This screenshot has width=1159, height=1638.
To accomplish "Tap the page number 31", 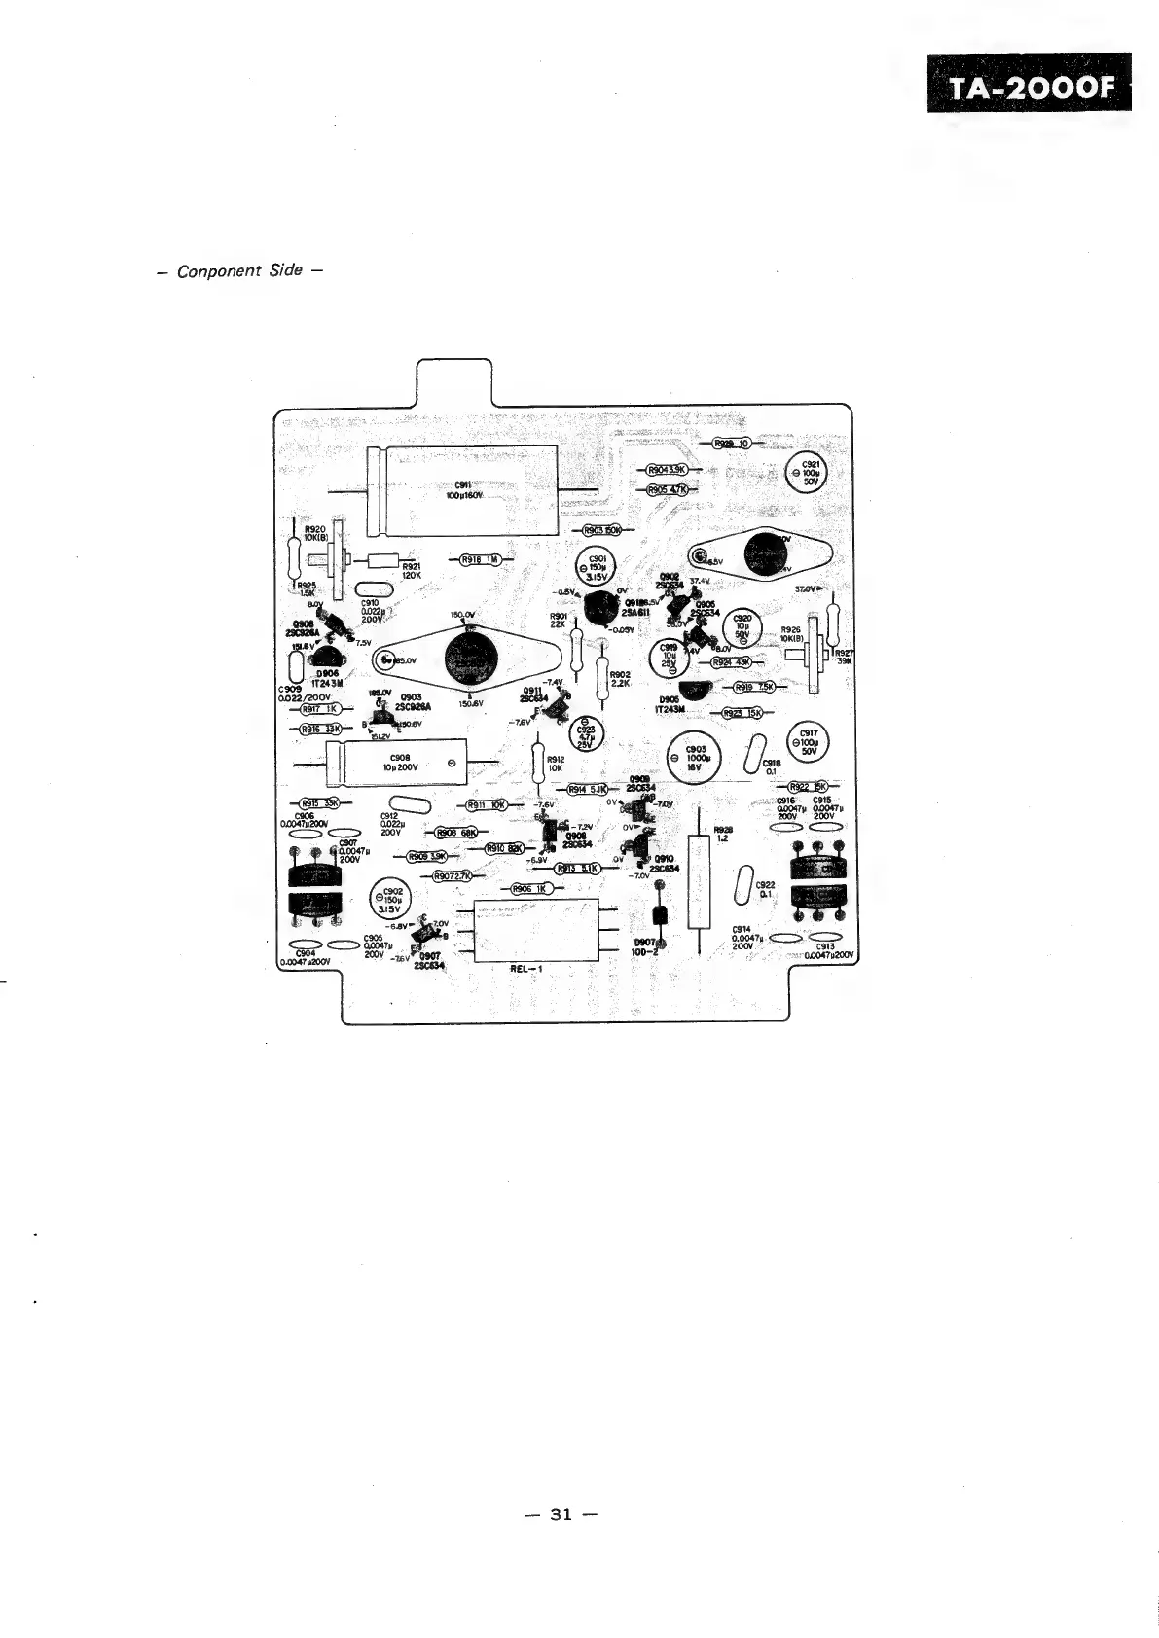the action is [x=560, y=1513].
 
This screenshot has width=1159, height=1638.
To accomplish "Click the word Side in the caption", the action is [x=285, y=270].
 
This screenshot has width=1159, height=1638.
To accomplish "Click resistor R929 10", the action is [x=731, y=444].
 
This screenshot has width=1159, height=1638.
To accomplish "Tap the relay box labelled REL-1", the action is [x=535, y=931].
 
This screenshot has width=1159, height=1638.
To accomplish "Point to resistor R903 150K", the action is [x=603, y=530].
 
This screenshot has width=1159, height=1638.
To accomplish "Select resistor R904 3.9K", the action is [x=667, y=470].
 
